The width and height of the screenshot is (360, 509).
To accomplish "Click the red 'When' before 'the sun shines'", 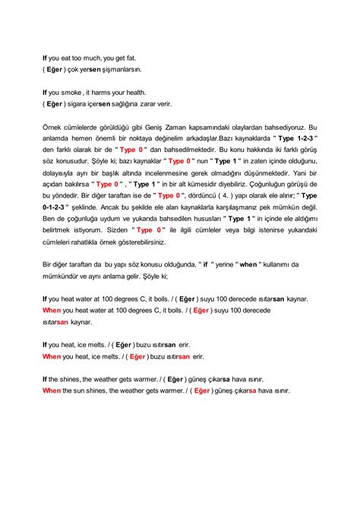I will point(51,390).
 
